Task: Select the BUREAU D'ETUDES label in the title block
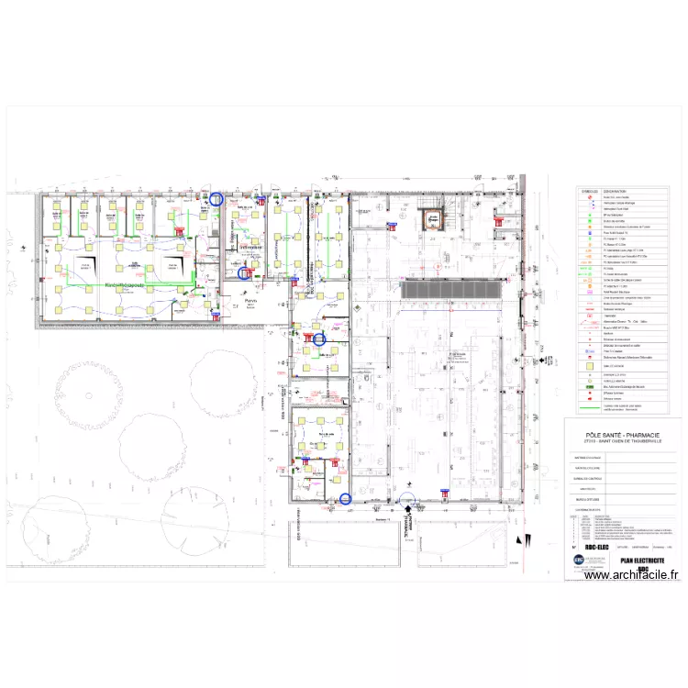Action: [x=587, y=500]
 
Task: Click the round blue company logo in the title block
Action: [x=579, y=559]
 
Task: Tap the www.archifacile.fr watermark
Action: [x=632, y=575]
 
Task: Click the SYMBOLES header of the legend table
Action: [x=589, y=192]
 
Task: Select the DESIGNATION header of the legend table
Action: [x=616, y=192]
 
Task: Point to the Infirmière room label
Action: [x=250, y=248]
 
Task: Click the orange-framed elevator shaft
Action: [x=430, y=220]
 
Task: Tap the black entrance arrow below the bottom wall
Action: [x=408, y=507]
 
